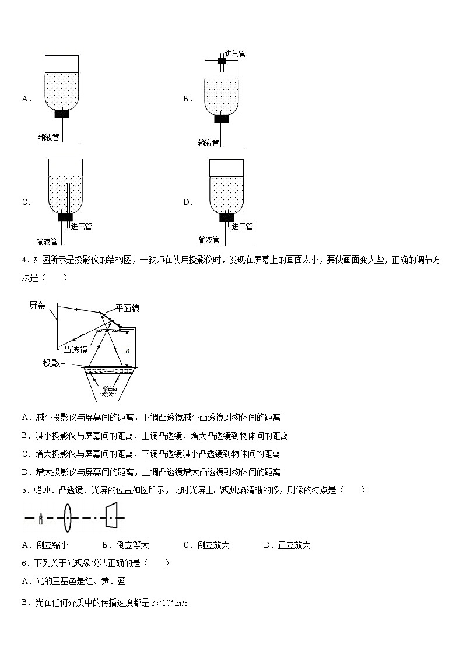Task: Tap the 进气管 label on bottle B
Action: coord(235,54)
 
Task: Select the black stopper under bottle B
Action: coord(221,119)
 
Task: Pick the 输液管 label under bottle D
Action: coord(209,240)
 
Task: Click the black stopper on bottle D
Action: coord(226,218)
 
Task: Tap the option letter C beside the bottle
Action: coord(26,202)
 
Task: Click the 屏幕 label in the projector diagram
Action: coord(37,304)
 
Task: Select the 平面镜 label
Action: coord(127,309)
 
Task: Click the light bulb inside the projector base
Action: coord(109,389)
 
